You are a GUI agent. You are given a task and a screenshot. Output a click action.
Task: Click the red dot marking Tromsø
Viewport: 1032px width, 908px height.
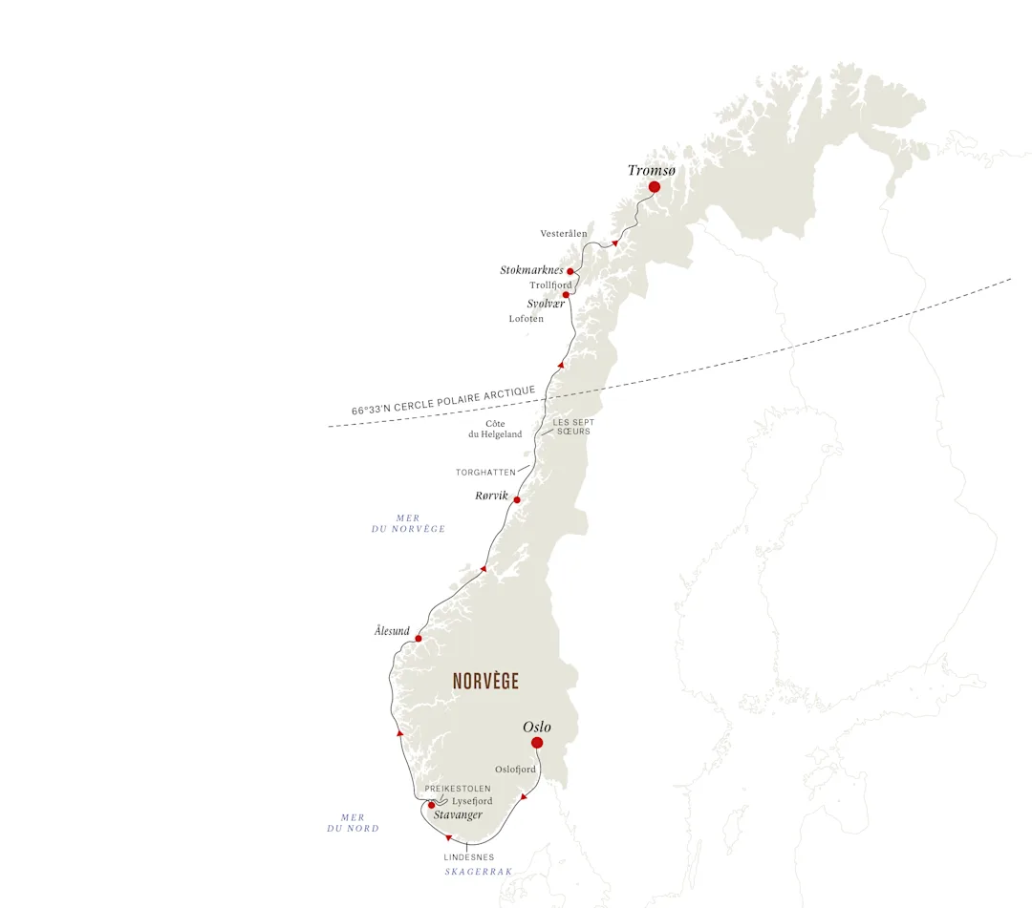point(655,187)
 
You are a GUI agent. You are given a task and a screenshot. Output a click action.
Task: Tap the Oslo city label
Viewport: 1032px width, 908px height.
point(537,728)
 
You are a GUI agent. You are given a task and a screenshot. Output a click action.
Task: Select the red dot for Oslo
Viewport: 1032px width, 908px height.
point(537,743)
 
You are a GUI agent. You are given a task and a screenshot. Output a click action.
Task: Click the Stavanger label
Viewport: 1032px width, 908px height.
point(458,815)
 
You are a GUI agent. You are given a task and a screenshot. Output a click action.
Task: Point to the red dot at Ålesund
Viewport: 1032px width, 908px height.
point(419,639)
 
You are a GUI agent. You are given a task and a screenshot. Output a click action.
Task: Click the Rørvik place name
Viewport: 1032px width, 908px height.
point(491,496)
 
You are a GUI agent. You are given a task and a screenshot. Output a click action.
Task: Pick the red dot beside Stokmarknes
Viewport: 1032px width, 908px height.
point(570,271)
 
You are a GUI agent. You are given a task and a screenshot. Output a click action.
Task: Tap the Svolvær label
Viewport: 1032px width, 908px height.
point(546,304)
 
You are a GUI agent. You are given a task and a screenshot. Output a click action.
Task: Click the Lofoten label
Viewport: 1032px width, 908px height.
point(526,319)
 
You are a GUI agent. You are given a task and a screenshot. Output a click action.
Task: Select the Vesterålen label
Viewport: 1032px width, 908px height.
point(564,234)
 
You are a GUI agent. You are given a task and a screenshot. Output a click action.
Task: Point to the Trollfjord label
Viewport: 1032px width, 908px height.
point(550,285)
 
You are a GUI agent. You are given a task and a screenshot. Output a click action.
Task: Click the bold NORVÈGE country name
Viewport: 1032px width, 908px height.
point(485,682)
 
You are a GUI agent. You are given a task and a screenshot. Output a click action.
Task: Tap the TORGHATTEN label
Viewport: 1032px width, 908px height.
point(485,473)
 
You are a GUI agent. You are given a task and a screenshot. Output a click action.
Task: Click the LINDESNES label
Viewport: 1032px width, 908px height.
point(468,857)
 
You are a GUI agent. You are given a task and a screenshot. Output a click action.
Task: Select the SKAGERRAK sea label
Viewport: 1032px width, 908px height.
point(479,872)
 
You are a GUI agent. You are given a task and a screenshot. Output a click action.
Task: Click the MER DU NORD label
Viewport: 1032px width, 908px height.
point(353,823)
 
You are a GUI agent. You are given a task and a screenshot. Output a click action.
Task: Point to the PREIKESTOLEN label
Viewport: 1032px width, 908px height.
point(458,789)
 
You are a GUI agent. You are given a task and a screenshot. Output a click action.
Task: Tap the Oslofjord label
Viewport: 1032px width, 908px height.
point(515,770)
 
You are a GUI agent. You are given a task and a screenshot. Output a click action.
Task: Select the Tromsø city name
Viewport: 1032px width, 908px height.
point(651,170)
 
